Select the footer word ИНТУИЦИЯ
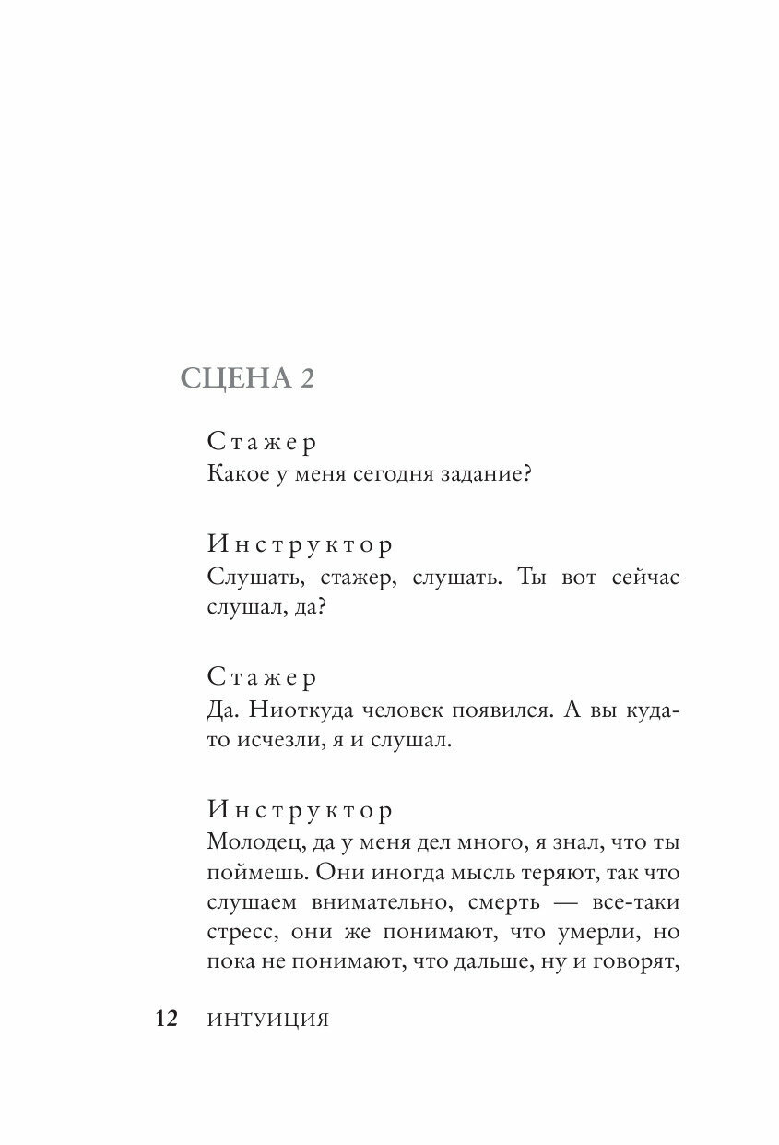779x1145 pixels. (268, 1020)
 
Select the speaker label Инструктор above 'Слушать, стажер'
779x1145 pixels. (301, 544)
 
